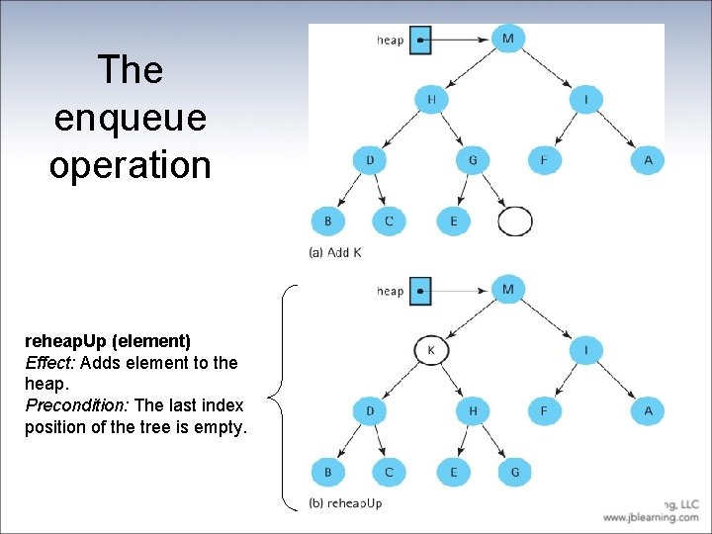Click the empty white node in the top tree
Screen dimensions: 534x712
[x=514, y=221]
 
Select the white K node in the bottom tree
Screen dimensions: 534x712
[x=431, y=350]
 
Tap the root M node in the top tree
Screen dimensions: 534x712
[x=508, y=39]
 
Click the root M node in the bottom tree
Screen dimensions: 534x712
[x=508, y=289]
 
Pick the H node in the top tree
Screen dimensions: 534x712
[x=431, y=100]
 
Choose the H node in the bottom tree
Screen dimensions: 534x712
[x=473, y=410]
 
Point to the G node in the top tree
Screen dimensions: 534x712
[x=473, y=160]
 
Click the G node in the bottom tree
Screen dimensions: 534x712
[x=514, y=472]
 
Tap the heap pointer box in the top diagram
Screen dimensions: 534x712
[x=419, y=40]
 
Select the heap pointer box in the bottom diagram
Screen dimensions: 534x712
[x=419, y=291]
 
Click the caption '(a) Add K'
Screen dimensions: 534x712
[x=335, y=252]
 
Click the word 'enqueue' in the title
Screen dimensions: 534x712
[x=131, y=118]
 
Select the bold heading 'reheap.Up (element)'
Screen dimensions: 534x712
[x=108, y=341]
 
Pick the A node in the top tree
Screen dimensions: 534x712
[x=648, y=160]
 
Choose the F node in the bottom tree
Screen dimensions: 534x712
[x=543, y=410]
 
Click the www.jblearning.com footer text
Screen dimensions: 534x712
[x=651, y=517]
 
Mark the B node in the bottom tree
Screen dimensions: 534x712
[x=327, y=472]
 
